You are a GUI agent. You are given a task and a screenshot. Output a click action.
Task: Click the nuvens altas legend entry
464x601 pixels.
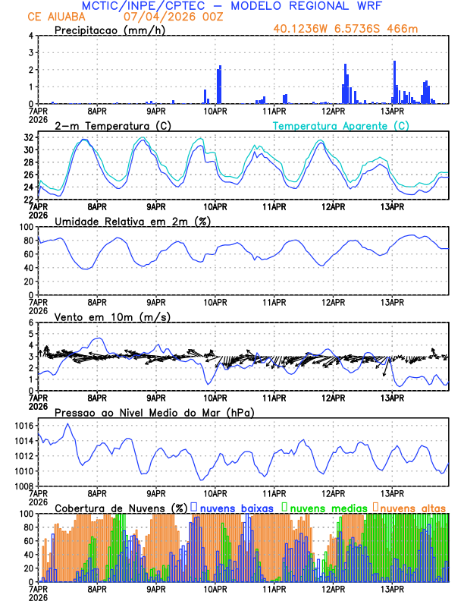tap(412, 507)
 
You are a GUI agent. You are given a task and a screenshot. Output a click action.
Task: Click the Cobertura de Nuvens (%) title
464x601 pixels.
tap(121, 507)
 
